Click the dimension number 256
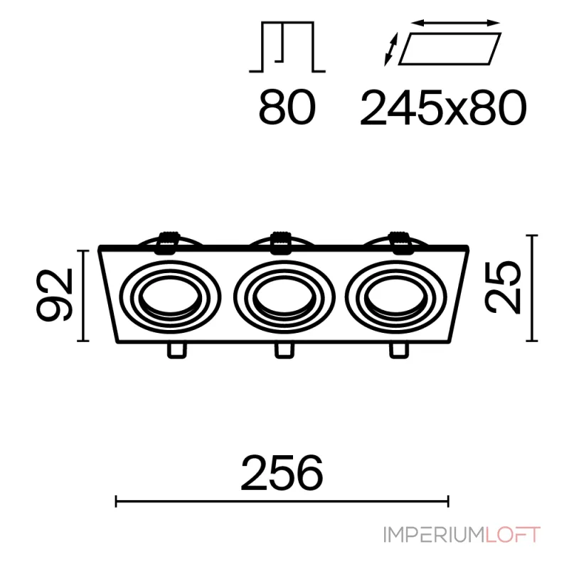click(282, 472)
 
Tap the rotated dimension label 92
click(55, 295)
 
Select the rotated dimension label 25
click(503, 287)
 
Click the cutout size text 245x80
click(443, 108)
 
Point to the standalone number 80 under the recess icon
click(287, 108)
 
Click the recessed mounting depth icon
click(287, 47)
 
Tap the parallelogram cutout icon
click(450, 49)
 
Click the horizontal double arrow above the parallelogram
click(456, 23)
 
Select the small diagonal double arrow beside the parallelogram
click(391, 49)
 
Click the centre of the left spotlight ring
click(170, 297)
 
